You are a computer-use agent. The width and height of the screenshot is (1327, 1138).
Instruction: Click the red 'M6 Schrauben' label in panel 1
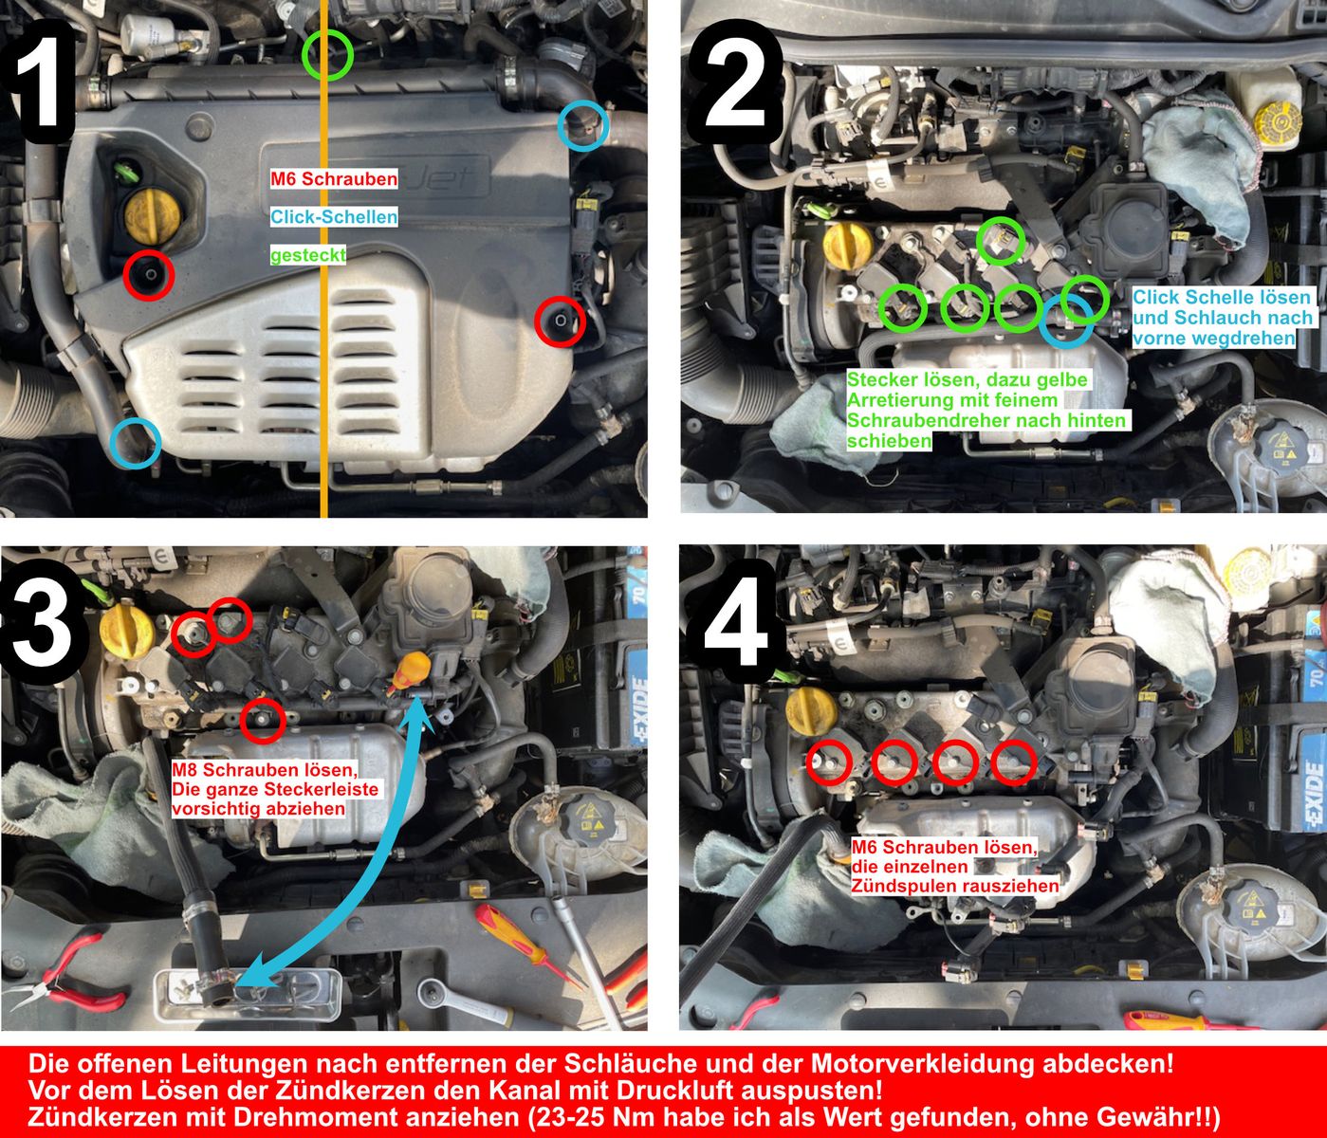tap(333, 178)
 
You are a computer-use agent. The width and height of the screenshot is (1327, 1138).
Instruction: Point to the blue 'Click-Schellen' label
tap(333, 217)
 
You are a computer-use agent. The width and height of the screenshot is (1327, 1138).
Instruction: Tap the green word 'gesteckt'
tap(307, 255)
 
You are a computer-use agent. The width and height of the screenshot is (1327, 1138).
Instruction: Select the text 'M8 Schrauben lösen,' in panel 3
tap(264, 770)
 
